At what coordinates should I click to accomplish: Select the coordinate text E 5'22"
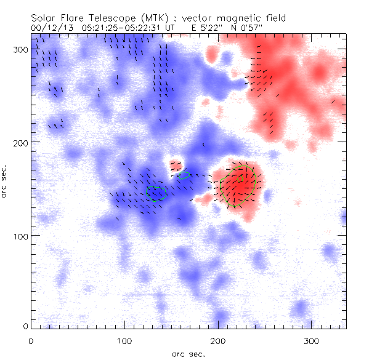[193, 28]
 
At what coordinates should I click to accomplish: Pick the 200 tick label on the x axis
[218, 340]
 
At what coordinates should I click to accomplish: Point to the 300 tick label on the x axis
[312, 340]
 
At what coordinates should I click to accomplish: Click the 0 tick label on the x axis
[31, 340]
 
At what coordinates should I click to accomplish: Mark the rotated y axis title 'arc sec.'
[5, 181]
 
